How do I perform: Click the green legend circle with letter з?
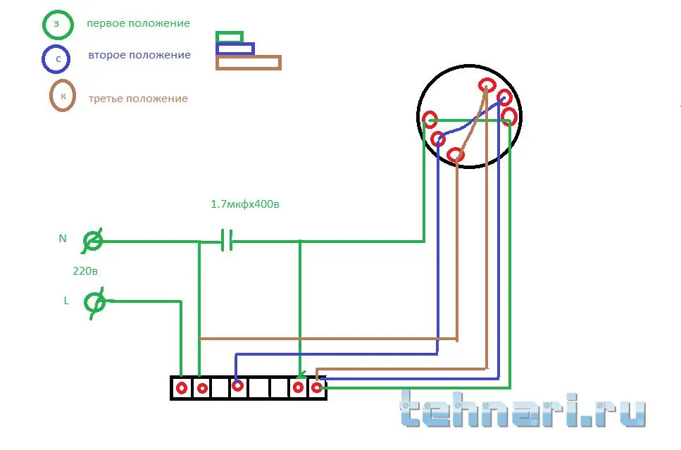coord(44,25)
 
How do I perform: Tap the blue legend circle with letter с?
coord(44,58)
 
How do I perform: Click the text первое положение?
coord(138,23)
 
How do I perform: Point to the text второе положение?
coord(139,55)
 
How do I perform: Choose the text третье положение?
coord(138,99)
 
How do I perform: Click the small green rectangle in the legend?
coord(230,32)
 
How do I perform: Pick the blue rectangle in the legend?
coord(235,43)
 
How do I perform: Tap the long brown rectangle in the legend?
coord(249,56)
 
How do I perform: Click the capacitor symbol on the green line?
coord(227,240)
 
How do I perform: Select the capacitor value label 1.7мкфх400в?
coord(245,204)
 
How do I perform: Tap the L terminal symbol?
coord(94,303)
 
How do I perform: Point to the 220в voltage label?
coord(85,271)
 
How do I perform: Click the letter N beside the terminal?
coord(63,239)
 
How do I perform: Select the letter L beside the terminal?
coord(66,301)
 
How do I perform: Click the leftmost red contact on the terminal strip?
coord(182,388)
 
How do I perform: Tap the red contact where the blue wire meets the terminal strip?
coord(237,385)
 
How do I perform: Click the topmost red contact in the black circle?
coord(487,85)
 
